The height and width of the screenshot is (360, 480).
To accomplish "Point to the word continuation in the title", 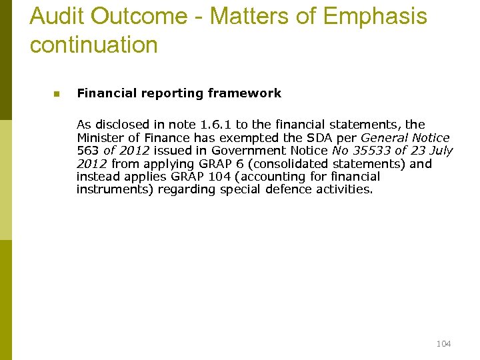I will (94, 45).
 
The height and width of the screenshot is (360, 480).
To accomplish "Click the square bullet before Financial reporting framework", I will (57, 94).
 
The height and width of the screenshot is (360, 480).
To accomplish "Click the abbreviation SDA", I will (320, 137).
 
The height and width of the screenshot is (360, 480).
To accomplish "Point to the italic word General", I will (383, 137).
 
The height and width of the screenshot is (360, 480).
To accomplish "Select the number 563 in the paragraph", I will (88, 151).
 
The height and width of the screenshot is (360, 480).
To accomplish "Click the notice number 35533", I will (371, 151).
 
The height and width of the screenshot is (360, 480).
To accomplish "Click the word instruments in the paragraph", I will (113, 189).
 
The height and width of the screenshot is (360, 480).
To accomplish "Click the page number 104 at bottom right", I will (443, 343).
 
